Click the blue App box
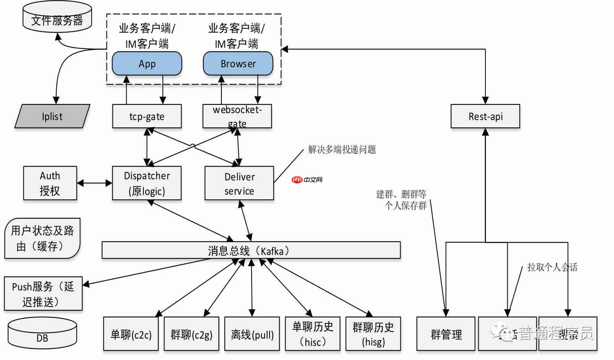[147, 63]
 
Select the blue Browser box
[238, 63]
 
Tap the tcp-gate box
[147, 116]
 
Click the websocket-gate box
[237, 116]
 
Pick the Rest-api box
[485, 116]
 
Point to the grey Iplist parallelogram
[52, 116]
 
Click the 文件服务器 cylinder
[57, 19]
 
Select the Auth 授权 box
[50, 183]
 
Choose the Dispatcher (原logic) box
[147, 183]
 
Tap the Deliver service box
[239, 183]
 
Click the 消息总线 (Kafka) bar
[251, 250]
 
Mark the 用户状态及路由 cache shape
[42, 238]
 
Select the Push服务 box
[43, 294]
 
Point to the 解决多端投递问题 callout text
[342, 149]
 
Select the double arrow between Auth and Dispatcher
[94, 183]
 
